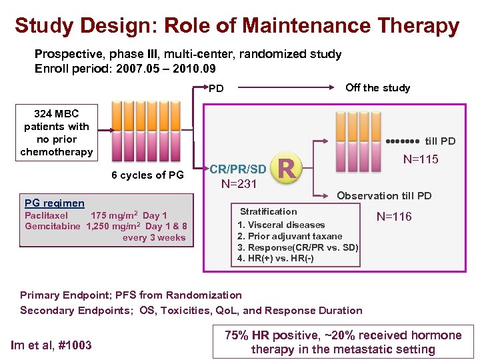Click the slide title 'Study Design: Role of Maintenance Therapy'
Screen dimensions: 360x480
(237, 26)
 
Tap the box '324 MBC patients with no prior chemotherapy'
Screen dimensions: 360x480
(57, 133)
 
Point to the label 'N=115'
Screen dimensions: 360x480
(421, 159)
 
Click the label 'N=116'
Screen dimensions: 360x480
(394, 216)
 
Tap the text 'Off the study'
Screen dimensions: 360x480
(377, 87)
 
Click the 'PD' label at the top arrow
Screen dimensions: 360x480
(217, 88)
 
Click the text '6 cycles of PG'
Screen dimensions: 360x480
(147, 175)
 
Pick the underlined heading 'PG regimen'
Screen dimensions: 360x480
(54, 203)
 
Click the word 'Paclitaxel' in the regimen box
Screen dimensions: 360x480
(47, 215)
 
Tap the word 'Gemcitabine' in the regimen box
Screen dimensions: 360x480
(53, 226)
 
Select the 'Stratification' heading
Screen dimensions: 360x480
(268, 211)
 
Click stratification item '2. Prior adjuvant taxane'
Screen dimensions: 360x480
(290, 236)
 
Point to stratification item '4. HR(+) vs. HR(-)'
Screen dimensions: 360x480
(276, 258)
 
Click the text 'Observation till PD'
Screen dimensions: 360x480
(384, 195)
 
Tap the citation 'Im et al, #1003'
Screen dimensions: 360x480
(51, 345)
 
